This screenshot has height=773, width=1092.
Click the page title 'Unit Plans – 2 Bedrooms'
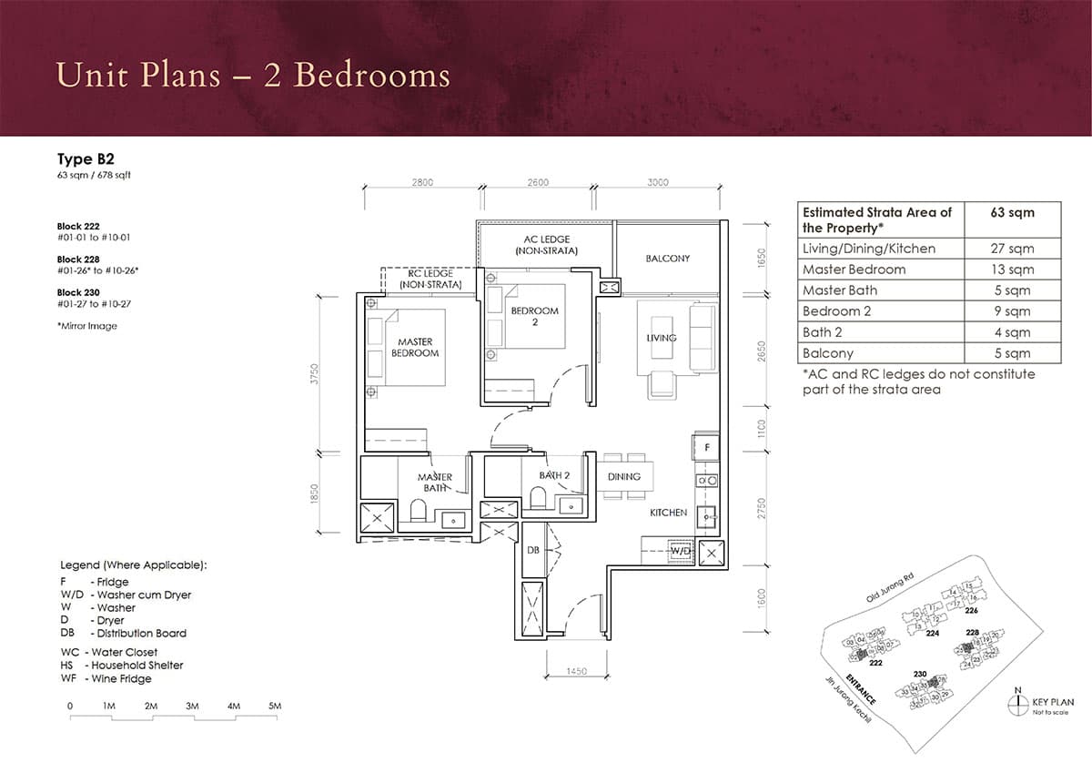tap(253, 75)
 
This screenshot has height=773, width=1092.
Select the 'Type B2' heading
tap(86, 159)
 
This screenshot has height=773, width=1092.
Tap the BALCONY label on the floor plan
tap(667, 259)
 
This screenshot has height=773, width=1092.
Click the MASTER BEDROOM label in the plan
tap(414, 347)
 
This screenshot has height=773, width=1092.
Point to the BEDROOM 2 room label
tap(534, 316)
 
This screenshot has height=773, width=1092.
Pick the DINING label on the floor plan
tap(623, 476)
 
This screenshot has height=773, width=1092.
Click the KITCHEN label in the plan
tap(668, 513)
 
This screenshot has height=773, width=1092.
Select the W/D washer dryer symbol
tap(680, 551)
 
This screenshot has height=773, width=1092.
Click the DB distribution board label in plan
tap(534, 549)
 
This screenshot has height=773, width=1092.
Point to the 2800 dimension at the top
tap(422, 182)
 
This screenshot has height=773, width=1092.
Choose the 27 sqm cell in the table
tap(1012, 249)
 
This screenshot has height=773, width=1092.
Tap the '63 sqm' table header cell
tap(1012, 212)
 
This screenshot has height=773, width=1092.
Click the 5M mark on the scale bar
tap(275, 706)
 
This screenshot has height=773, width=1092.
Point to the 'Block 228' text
tap(78, 259)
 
